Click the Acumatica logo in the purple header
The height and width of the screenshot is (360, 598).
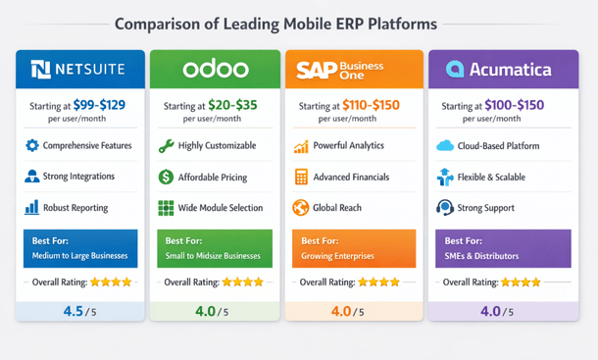[499, 69]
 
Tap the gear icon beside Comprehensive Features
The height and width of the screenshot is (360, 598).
[32, 145]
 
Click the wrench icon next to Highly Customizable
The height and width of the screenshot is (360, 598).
[167, 145]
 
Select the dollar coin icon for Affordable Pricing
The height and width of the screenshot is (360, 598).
[167, 178]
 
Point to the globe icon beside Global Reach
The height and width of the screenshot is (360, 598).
[301, 208]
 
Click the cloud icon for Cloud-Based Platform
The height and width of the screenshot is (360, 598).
[444, 146]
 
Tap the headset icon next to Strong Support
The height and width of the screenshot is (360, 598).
[444, 208]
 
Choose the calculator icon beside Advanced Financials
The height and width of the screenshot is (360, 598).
[301, 178]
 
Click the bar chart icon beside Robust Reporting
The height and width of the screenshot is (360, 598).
[32, 208]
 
